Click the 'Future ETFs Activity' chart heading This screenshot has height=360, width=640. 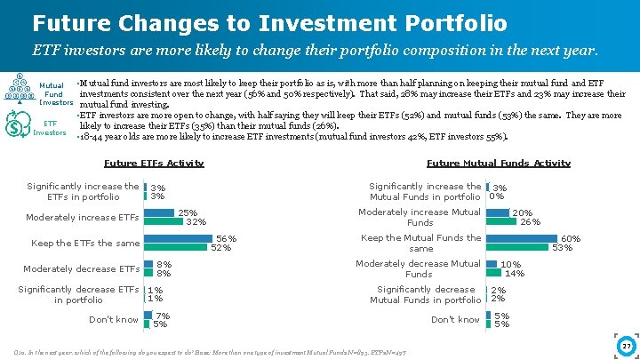click(154, 163)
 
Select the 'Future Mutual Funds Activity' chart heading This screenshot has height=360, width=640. click(498, 163)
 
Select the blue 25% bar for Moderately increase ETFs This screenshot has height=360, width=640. click(160, 212)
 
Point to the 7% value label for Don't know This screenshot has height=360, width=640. click(163, 316)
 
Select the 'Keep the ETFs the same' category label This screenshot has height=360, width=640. click(85, 243)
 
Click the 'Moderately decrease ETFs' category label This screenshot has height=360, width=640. click(81, 268)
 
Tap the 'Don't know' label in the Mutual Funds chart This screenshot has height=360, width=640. click(455, 320)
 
